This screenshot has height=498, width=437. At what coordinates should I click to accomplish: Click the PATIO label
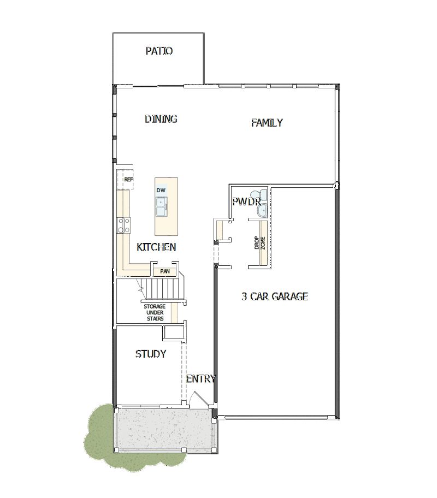point(159,51)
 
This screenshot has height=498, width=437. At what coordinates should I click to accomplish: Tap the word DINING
point(161,119)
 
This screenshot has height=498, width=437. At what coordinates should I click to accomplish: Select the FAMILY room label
point(267,123)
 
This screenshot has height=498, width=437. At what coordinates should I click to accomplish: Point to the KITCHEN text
point(156,247)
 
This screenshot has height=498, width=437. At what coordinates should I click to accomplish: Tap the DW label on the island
point(161,190)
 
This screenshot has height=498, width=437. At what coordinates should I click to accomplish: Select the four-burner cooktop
point(124,224)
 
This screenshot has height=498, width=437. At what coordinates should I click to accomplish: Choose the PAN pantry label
point(164,271)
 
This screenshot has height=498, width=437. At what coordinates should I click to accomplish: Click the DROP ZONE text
point(260,243)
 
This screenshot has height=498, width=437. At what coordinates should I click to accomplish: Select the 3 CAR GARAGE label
point(275,297)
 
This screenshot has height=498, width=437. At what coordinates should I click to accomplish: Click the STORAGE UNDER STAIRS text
point(154,312)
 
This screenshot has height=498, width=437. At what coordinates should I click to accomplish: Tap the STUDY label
point(151,354)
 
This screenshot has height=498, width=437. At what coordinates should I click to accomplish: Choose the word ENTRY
point(200,379)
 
